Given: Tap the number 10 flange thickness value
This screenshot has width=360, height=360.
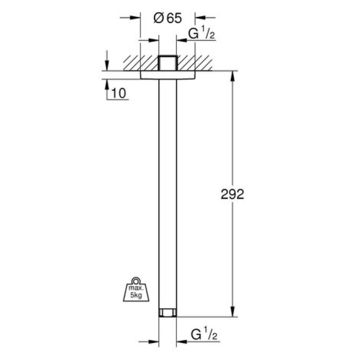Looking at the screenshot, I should [x=118, y=93].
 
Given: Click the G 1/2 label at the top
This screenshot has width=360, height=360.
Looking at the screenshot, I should [x=201, y=34].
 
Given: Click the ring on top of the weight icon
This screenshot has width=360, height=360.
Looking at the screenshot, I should [x=136, y=281].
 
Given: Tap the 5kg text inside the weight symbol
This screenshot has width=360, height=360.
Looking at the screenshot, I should [x=136, y=296].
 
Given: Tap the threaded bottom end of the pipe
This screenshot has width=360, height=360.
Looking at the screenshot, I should [x=167, y=312].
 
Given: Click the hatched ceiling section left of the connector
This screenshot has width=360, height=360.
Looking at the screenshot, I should [x=139, y=62].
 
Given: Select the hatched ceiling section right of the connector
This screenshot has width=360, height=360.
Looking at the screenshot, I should [x=195, y=62].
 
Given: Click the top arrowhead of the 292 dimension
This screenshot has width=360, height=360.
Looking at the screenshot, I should [x=233, y=74].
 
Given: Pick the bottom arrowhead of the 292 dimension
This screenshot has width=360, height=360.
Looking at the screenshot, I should [x=233, y=313].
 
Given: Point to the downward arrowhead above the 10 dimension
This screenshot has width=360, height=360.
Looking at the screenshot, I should [x=106, y=66].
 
